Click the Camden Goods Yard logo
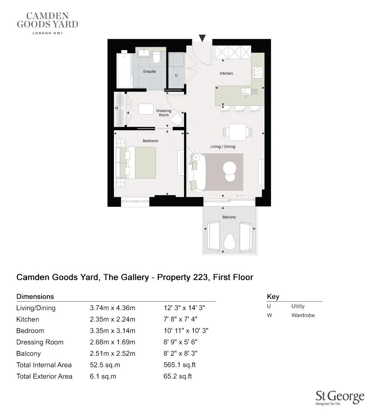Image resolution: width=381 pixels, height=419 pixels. (48, 23)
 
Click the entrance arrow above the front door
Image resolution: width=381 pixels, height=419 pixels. (203, 38)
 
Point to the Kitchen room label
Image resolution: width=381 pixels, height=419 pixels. (226, 74)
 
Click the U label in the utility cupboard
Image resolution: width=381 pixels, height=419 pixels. (176, 75)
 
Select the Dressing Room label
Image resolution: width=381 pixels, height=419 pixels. (163, 113)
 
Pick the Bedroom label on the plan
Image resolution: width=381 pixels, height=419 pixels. (150, 141)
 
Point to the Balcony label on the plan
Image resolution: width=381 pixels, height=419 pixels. (229, 217)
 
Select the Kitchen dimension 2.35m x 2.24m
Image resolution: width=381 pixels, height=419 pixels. (112, 319)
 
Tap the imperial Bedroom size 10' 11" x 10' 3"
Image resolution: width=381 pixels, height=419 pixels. (186, 331)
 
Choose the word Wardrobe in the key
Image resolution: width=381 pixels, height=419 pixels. (303, 315)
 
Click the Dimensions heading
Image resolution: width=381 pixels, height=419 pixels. (35, 296)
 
